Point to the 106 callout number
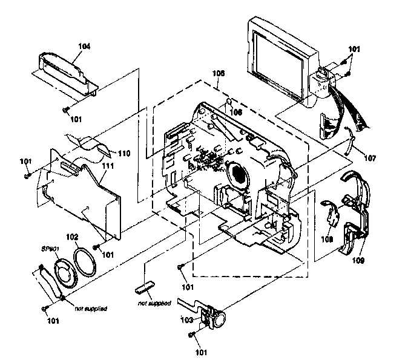pos(235,112)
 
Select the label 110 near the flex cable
pos(124,153)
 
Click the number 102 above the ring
pos(72,236)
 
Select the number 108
pos(327,239)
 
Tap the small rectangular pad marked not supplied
pos(146,284)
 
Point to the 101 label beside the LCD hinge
pos(352,48)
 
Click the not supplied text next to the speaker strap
pos(91,309)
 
